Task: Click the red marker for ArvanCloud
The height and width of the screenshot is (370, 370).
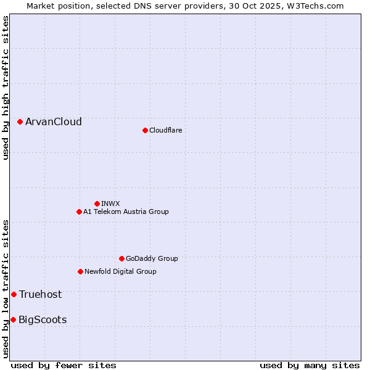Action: coord(20,122)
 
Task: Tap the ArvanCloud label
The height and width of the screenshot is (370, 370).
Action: coord(54,122)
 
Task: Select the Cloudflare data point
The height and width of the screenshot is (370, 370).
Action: coord(145,130)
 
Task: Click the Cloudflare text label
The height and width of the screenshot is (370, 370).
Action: coord(166,130)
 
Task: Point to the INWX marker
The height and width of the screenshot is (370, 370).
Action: coord(97,203)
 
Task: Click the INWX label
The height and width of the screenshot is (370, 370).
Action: coord(111,203)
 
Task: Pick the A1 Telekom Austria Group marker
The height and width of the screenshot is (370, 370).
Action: coord(79,212)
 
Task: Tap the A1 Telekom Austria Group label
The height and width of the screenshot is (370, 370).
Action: coord(126,212)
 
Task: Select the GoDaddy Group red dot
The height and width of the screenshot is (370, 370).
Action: coord(121,258)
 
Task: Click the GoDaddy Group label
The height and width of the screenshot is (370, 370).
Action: coord(152,258)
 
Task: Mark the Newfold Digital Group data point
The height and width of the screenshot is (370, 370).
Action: coord(80,271)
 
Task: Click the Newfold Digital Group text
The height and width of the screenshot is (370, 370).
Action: coord(120,271)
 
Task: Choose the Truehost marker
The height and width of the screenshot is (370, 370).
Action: coord(14,295)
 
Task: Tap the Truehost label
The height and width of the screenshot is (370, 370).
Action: coord(41,295)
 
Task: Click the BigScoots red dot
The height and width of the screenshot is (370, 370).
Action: coord(13,319)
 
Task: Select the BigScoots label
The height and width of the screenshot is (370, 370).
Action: coord(43,319)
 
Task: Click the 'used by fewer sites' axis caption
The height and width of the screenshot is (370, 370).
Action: coord(64,365)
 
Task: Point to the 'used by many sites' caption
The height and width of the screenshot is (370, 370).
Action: coord(310,365)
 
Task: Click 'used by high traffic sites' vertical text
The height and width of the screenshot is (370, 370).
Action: coord(6,88)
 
